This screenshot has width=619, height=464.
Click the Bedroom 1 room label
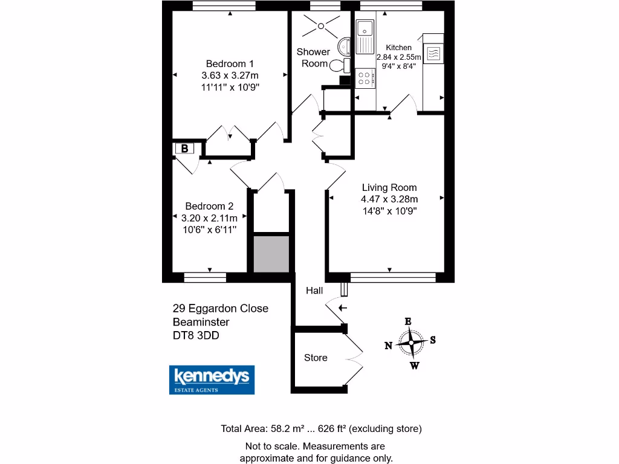[x=230, y=63]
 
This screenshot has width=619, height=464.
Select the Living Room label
[x=389, y=187]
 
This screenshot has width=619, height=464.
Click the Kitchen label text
[x=398, y=47]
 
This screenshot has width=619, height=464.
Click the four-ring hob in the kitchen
[x=365, y=78]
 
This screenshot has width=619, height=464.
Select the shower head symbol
[x=320, y=25]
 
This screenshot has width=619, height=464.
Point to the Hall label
[x=314, y=291]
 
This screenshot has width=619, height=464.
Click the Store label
[x=316, y=358]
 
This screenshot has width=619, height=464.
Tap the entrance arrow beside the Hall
[x=342, y=308]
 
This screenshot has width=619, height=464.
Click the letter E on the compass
[x=408, y=321]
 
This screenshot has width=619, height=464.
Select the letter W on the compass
[x=414, y=365]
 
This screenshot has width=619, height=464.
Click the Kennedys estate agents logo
[x=211, y=379]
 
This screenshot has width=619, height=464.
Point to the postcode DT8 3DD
[x=196, y=335]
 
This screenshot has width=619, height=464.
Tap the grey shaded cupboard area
[x=271, y=254]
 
